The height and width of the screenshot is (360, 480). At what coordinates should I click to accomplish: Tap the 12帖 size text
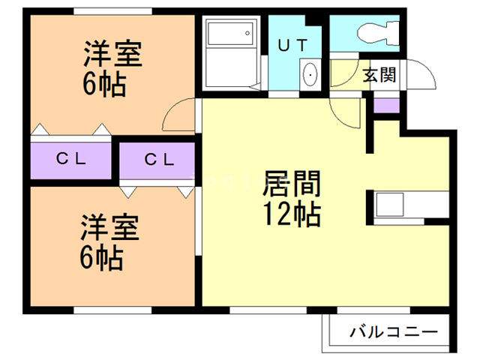(292, 214)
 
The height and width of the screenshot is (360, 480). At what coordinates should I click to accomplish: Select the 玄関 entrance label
(381, 75)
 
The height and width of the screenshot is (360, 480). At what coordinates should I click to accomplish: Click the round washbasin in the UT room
(310, 75)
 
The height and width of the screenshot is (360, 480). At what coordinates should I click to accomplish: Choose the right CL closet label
(159, 159)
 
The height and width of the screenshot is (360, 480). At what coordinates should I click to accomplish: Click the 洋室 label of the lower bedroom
(110, 227)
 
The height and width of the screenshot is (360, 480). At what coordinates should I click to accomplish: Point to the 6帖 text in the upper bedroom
(104, 82)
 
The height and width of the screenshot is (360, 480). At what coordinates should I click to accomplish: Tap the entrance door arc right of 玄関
(422, 75)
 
